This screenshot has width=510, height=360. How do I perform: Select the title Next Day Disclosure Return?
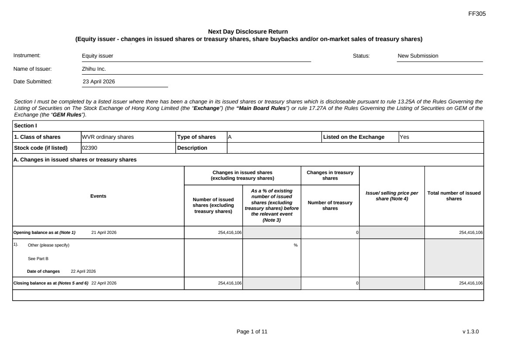click(x=248, y=31)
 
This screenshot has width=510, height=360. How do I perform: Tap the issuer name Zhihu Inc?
click(x=94, y=69)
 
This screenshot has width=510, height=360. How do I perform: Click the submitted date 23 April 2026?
click(x=99, y=82)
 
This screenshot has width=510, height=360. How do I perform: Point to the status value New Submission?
click(x=418, y=56)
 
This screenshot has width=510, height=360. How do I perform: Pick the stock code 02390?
click(x=90, y=148)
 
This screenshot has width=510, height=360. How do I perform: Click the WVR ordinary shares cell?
click(x=108, y=137)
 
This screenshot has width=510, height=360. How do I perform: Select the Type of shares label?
click(x=196, y=137)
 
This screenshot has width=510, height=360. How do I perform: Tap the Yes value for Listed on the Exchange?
click(x=404, y=137)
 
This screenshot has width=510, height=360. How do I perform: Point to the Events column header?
click(x=98, y=196)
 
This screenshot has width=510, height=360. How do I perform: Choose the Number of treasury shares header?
click(x=330, y=205)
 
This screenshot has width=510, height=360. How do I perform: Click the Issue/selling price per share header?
click(x=391, y=196)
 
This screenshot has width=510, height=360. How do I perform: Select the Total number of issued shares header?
click(x=454, y=196)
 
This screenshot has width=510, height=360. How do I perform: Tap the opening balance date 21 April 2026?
click(x=104, y=233)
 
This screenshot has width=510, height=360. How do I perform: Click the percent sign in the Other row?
click(x=296, y=245)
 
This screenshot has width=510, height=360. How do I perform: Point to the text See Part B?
click(x=38, y=258)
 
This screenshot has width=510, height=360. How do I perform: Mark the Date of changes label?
click(x=44, y=271)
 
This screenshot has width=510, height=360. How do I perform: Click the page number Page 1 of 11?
click(x=252, y=332)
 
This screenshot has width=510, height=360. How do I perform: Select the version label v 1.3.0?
click(x=471, y=332)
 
